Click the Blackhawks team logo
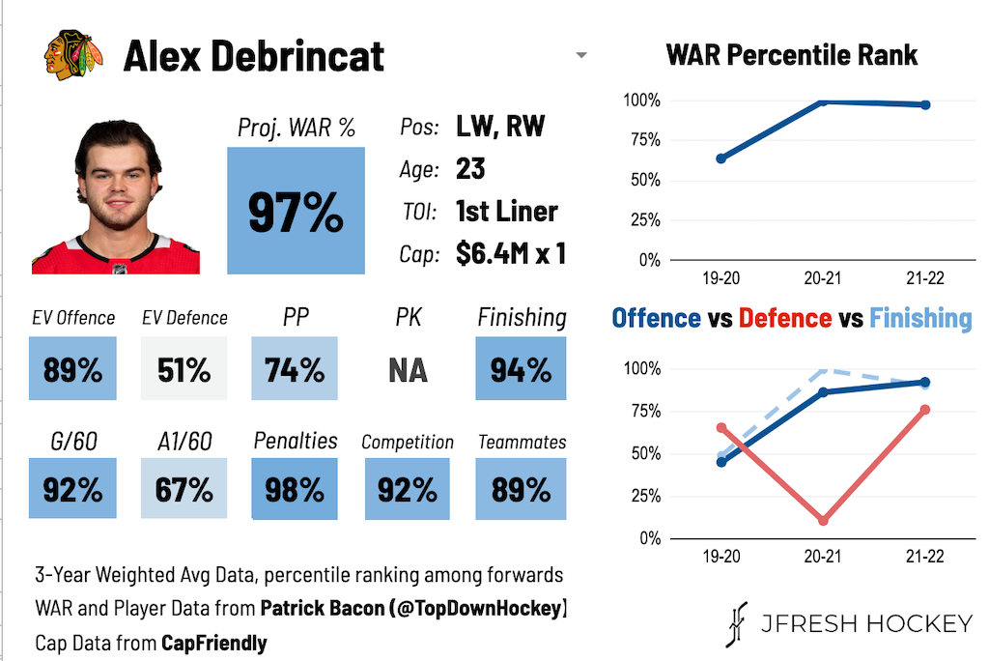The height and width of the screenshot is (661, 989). click(73, 54)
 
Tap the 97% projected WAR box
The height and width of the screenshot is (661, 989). click(296, 211)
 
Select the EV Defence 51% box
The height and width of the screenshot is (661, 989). click(184, 369)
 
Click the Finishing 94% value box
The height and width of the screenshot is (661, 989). click(521, 369)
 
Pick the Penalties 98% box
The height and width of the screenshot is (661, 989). click(295, 489)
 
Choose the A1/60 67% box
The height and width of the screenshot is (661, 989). click(184, 489)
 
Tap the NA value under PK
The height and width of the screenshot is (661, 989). click(409, 370)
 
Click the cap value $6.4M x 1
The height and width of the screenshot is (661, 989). click(511, 254)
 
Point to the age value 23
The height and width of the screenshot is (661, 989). click(470, 169)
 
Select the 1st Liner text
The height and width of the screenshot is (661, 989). click(507, 212)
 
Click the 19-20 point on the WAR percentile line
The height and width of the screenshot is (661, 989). click(721, 158)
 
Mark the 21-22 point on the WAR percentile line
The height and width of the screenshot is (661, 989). click(925, 104)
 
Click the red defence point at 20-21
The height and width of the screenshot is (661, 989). click(823, 521)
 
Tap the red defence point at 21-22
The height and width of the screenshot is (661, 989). click(925, 410)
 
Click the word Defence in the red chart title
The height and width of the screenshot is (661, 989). click(785, 318)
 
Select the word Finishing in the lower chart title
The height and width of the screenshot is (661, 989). click(920, 319)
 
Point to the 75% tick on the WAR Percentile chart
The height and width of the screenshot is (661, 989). click(646, 140)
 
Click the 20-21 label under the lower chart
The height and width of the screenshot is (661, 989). click(823, 557)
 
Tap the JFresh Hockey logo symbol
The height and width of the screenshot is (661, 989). click(737, 624)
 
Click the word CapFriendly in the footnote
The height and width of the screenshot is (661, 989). click(214, 644)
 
